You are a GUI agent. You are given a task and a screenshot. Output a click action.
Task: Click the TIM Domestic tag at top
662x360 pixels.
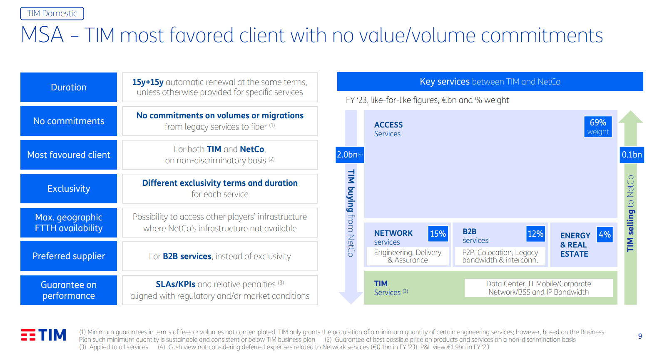52,14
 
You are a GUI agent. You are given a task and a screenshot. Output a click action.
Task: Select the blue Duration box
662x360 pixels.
69,87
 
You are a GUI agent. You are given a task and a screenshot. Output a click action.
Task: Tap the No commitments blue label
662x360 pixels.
69,121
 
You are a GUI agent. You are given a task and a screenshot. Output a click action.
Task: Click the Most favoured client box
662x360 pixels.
69,155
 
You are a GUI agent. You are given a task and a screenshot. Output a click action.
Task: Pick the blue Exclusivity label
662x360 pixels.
69,188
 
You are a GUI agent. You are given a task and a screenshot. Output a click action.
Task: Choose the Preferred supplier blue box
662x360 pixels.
69,256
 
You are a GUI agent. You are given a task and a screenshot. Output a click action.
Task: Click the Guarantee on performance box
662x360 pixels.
69,290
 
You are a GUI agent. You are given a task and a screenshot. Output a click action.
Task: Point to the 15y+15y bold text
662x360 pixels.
148,82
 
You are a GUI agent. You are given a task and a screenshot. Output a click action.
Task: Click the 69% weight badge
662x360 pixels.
598,127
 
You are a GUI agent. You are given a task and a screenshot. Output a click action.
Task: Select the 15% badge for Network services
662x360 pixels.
438,234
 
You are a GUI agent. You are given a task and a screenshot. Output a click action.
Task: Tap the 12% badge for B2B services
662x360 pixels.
535,234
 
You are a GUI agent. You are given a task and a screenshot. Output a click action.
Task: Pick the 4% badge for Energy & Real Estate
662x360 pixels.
605,235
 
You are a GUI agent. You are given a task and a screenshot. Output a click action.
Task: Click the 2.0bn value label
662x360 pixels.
350,155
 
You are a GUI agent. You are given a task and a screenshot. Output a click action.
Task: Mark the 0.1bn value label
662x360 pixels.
632,155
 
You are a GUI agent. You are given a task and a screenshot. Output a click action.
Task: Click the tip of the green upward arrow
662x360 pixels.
631,111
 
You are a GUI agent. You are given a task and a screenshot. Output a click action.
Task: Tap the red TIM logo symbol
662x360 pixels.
28,335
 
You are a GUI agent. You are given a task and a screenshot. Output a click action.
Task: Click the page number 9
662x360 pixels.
640,336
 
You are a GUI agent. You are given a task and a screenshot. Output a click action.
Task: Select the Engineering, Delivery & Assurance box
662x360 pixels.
408,256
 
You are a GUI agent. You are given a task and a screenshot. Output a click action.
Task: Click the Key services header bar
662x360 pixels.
490,81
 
